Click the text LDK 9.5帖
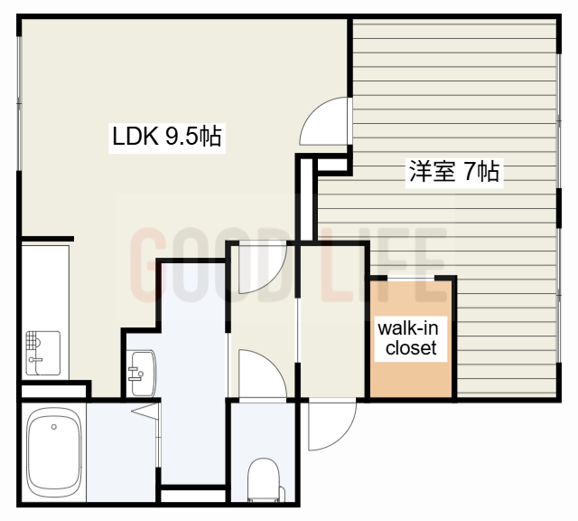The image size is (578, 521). click(166, 138)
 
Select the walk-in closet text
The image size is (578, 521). click(411, 337)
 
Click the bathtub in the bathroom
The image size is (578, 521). click(53, 451)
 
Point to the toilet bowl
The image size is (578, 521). click(264, 477)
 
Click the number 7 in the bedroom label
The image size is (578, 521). click(470, 170)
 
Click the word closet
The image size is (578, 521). click(411, 347)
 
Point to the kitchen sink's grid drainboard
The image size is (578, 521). click(33, 341)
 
